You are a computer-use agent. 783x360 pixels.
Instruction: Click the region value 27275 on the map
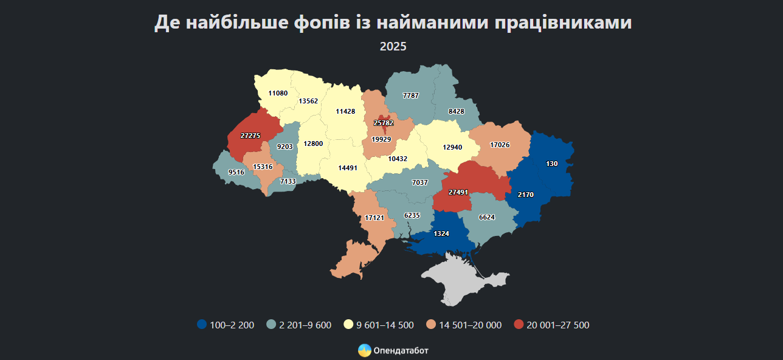click(250, 136)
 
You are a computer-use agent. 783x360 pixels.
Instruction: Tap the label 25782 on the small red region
click(384, 123)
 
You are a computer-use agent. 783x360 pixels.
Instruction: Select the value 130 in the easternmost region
click(551, 164)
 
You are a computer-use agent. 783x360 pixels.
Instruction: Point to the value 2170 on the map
click(526, 195)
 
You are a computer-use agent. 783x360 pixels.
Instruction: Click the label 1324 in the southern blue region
click(441, 234)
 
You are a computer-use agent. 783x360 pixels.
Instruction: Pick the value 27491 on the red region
click(458, 192)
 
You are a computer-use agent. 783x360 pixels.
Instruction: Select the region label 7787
click(412, 95)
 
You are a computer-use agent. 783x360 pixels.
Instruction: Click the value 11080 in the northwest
click(278, 93)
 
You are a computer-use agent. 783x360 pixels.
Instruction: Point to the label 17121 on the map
click(374, 217)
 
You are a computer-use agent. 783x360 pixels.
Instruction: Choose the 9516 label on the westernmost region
click(236, 172)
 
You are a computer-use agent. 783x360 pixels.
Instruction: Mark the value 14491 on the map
click(348, 167)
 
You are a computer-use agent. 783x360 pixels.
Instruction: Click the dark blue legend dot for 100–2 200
click(202, 325)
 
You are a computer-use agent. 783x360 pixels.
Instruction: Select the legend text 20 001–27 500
click(558, 325)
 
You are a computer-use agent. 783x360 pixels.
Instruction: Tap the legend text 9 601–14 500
click(385, 325)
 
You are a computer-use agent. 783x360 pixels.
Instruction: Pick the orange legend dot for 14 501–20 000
click(430, 325)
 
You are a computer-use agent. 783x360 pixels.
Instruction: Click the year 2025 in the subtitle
click(393, 46)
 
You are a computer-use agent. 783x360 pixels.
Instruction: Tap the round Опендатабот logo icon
click(364, 350)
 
